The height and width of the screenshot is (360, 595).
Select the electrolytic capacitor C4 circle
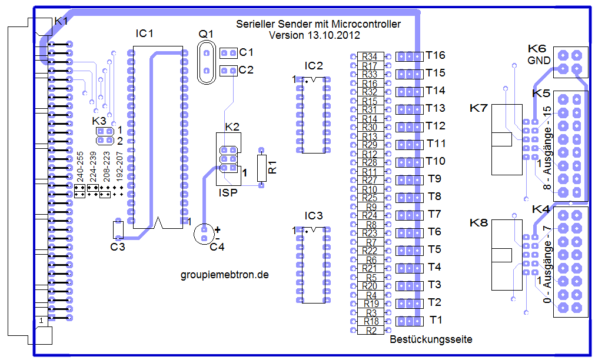click(x=204, y=234)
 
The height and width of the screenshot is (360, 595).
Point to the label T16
click(x=436, y=55)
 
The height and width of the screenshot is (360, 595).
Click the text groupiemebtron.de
click(x=224, y=275)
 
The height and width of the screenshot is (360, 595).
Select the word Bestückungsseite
click(x=431, y=339)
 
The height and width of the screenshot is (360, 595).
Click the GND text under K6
click(x=539, y=61)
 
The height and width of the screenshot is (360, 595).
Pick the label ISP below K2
click(x=228, y=192)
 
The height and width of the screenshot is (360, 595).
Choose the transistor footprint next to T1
click(x=409, y=321)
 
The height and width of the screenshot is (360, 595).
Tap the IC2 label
click(x=314, y=65)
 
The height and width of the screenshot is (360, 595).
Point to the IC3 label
click(x=314, y=216)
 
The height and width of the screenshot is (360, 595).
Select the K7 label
click(x=479, y=108)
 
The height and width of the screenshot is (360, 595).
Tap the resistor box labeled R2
click(x=371, y=331)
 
